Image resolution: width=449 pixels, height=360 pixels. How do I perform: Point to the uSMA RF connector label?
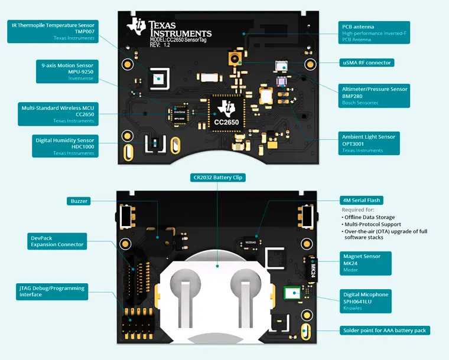[367, 63]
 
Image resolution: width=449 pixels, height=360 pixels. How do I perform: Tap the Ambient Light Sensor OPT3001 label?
[369, 143]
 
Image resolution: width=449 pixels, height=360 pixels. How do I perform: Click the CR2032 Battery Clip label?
[217, 177]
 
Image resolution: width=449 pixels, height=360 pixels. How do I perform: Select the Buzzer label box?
[79, 201]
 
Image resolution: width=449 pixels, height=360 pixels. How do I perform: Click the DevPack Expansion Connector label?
[58, 241]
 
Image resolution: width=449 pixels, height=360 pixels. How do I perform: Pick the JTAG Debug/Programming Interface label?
[52, 291]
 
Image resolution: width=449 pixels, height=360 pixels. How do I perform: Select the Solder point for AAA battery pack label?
[384, 330]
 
